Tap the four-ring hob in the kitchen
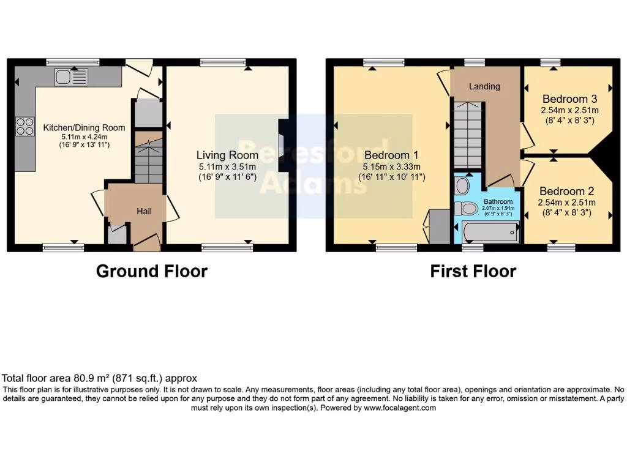coord(25,127)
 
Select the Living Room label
coord(227,155)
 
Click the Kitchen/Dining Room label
coord(84,128)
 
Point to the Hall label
coord(144,211)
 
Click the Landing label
coord(484,86)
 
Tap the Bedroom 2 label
coord(567,192)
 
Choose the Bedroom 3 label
coord(569,99)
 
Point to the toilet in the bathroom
coord(467,209)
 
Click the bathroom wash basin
coord(463,185)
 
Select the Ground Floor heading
coord(152,271)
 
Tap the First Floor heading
coord(473,271)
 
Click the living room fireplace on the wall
coord(282,146)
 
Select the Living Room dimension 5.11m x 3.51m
coord(227,166)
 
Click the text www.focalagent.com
coord(400,408)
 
